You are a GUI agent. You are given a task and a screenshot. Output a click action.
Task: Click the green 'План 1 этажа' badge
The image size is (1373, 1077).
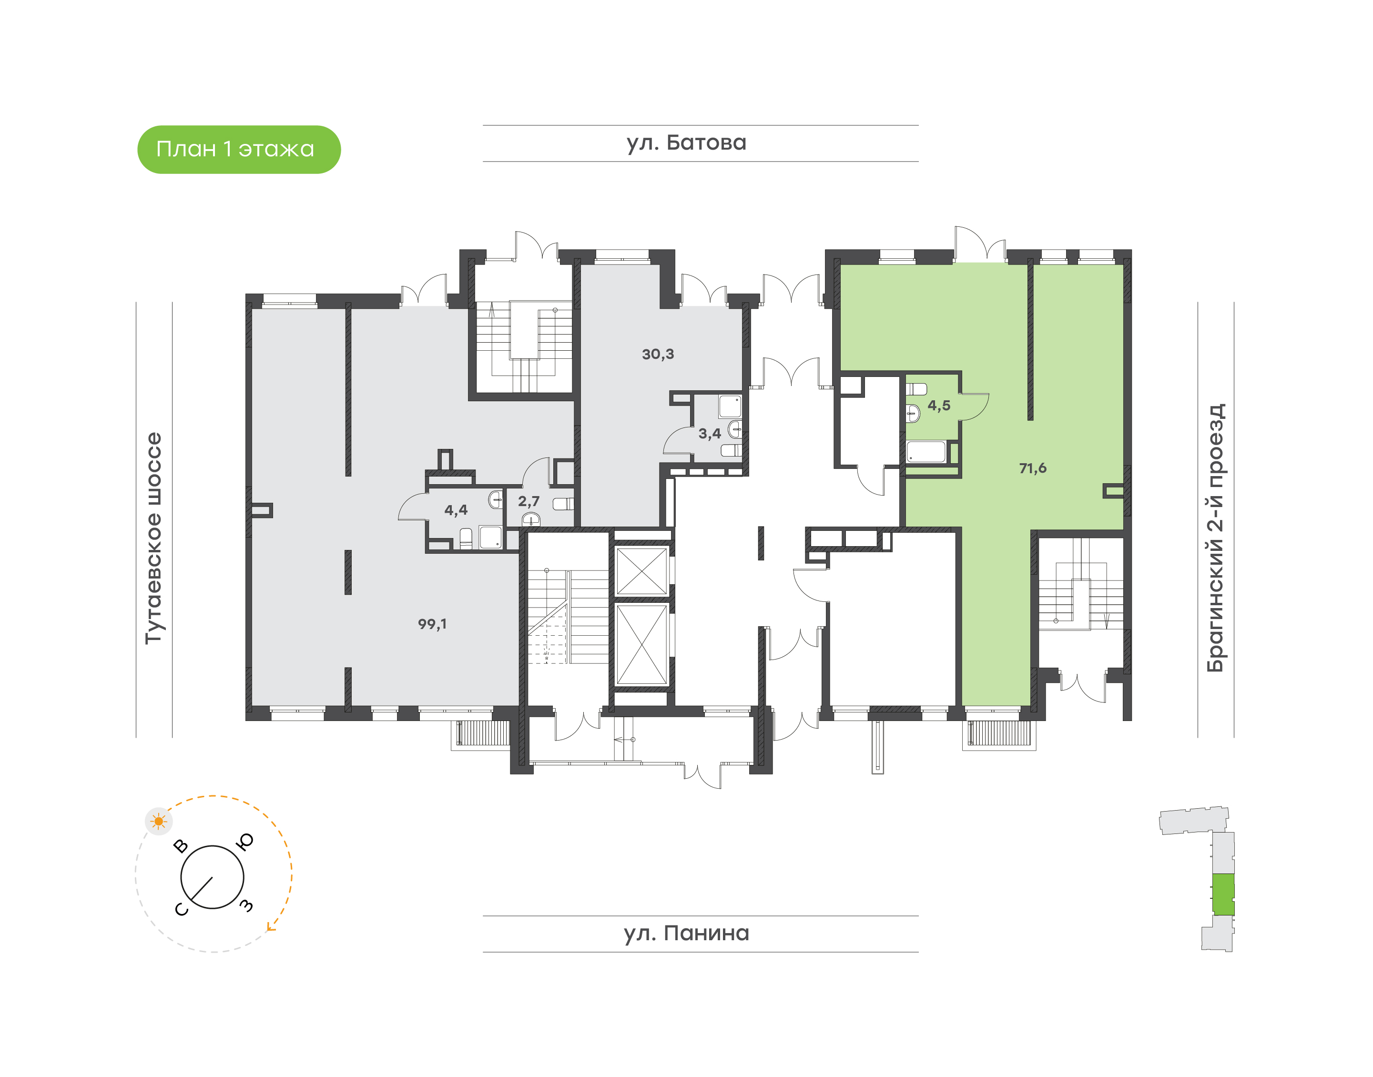pos(239,150)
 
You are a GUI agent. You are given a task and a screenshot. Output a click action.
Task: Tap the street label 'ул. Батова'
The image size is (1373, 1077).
pos(686,143)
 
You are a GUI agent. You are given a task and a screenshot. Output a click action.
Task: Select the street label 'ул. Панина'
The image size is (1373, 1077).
pos(686,933)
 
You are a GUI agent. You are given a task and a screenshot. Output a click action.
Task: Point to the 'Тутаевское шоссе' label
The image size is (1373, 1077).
pos(154,538)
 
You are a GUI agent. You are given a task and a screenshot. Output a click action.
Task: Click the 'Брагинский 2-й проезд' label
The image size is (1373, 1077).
pos(1215,538)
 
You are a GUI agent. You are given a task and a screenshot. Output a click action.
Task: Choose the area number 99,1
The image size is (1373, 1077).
pos(432,624)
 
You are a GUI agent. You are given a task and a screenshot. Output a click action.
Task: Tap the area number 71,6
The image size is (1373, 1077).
pos(1032,468)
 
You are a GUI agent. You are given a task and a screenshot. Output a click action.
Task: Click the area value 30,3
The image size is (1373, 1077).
pos(658,355)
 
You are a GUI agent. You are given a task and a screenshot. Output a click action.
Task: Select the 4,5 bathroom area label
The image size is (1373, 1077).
pos(938,406)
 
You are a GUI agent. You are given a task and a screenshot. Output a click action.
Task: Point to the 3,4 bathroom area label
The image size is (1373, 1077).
pos(710,434)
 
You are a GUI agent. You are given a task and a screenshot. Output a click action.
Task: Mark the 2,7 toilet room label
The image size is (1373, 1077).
pos(529,501)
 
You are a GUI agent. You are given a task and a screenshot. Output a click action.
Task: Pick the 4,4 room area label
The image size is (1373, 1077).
pos(455,510)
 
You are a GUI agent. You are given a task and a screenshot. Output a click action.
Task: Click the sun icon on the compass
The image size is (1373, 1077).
pos(158,822)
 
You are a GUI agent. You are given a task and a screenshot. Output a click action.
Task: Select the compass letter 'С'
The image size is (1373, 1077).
pos(181,909)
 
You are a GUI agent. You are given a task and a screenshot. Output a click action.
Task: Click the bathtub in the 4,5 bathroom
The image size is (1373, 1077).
pos(926,452)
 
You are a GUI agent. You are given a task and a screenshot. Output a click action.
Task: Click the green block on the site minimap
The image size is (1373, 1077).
pos(1223,894)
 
